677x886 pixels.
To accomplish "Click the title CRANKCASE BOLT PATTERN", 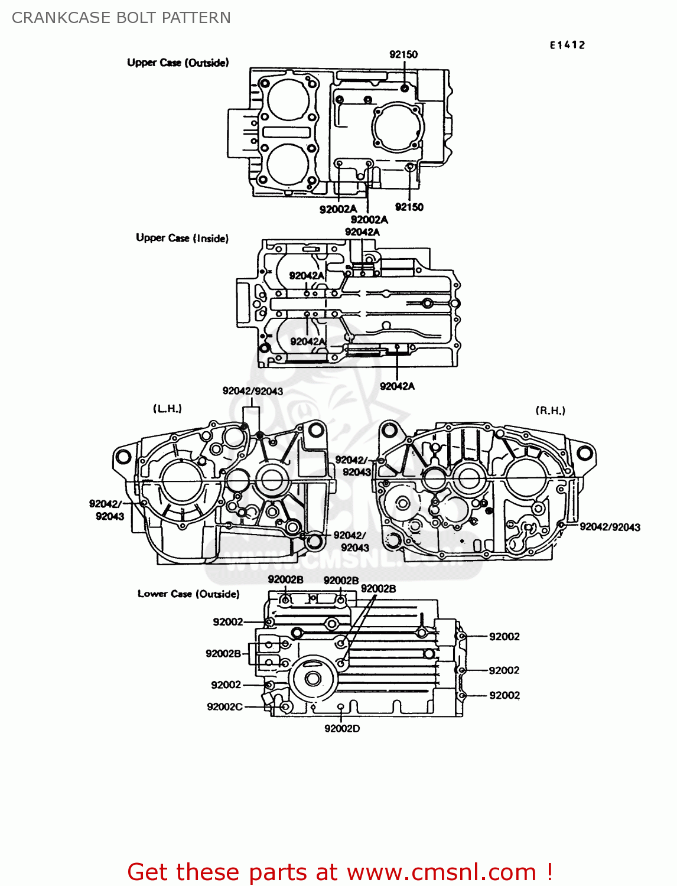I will [x=121, y=18].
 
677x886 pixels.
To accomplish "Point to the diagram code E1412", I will [x=567, y=45].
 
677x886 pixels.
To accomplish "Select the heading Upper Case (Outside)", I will [x=178, y=63].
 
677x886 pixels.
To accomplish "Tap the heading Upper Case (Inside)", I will [x=182, y=238].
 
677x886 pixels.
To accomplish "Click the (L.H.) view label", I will [x=168, y=409].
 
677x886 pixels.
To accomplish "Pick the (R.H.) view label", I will [x=550, y=411].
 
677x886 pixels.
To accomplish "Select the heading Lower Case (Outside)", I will [x=188, y=594].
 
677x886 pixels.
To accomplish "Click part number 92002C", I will [x=224, y=706].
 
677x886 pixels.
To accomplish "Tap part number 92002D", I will [x=342, y=728].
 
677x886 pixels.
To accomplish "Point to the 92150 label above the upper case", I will [x=403, y=54].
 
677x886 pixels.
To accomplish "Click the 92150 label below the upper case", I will [x=409, y=207].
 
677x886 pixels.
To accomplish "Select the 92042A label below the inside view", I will [x=397, y=386].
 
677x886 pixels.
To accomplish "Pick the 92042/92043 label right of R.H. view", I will [x=610, y=527].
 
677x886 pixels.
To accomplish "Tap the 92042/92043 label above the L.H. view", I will [x=252, y=391].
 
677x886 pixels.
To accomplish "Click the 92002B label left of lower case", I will [x=223, y=653].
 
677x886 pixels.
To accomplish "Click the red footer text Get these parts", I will [x=340, y=872].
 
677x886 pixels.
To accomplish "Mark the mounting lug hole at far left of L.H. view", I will [x=123, y=457].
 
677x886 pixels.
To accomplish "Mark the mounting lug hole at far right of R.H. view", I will [x=584, y=453].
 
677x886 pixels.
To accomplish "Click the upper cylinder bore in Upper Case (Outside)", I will [x=289, y=99].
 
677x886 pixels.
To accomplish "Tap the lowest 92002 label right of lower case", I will [x=504, y=695].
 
